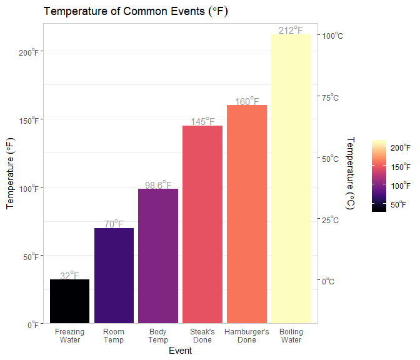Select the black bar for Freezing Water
coord(70,301)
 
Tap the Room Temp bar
coord(114,276)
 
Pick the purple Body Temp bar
coord(158,256)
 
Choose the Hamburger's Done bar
coord(247,214)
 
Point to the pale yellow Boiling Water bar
coord(291,179)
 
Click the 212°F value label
coord(291,30)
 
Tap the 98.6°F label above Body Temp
coord(158,184)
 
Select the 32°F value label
coord(70,275)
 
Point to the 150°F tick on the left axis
coord(29,120)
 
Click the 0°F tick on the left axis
coord(33,324)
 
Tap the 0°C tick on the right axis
coord(329,281)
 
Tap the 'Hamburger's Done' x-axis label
coord(247,336)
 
